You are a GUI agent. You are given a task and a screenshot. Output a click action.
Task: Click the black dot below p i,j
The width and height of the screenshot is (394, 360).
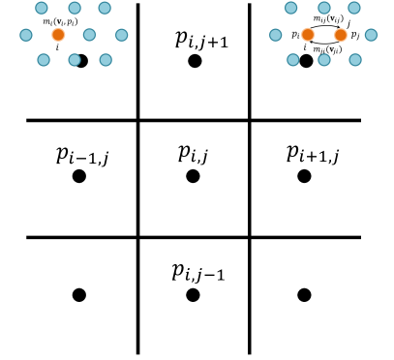193,176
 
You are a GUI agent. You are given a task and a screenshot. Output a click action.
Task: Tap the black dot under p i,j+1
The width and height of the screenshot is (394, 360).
195,61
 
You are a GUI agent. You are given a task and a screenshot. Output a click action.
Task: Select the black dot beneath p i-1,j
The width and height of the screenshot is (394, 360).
79,176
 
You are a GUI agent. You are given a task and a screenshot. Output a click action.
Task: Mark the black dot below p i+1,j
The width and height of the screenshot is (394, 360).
305,176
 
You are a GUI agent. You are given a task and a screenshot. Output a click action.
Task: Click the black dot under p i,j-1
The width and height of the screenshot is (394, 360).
193,294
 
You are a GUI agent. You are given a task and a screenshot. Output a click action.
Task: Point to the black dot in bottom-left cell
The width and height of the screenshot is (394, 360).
79,294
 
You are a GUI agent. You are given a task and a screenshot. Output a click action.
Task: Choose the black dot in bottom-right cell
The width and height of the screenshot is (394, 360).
305,294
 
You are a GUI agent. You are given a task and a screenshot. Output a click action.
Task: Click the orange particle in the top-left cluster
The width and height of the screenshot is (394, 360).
57,36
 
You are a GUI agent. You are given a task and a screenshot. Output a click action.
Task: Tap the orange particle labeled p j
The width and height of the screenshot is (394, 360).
340,36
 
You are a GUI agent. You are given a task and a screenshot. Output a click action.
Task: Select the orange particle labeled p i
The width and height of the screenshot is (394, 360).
308,36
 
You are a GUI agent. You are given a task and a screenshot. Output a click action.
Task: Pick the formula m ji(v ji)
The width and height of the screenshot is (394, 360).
326,48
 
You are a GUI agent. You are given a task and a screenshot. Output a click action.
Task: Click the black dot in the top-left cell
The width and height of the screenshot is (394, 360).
82,61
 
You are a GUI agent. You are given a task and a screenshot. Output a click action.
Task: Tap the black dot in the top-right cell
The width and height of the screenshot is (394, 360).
306,61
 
